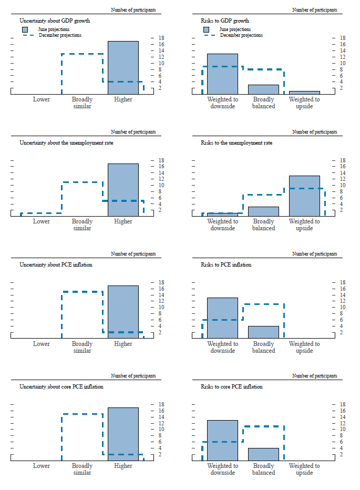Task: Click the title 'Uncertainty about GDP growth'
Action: click(x=55, y=21)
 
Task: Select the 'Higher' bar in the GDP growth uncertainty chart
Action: click(x=123, y=67)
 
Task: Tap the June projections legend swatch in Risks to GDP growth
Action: click(x=207, y=29)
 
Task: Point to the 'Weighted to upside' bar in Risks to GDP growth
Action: click(x=304, y=93)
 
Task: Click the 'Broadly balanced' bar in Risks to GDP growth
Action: click(x=263, y=89)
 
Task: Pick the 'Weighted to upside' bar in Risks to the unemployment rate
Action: click(x=304, y=196)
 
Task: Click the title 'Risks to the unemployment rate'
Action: click(x=236, y=142)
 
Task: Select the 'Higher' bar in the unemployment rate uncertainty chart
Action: click(x=123, y=190)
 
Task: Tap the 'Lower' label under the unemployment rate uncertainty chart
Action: click(x=42, y=221)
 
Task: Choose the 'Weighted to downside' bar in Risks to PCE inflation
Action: click(x=222, y=318)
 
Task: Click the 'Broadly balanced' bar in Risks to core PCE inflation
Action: click(x=263, y=454)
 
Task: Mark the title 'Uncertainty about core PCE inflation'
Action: click(x=61, y=387)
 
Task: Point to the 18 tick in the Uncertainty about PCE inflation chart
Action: click(x=154, y=282)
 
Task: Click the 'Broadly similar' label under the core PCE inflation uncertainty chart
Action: click(x=82, y=469)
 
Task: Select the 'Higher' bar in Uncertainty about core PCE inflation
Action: click(x=123, y=434)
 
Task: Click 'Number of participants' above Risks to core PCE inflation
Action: click(x=314, y=376)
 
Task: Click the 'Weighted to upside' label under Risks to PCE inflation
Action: click(x=304, y=347)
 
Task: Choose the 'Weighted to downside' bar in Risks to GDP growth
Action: click(x=222, y=74)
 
